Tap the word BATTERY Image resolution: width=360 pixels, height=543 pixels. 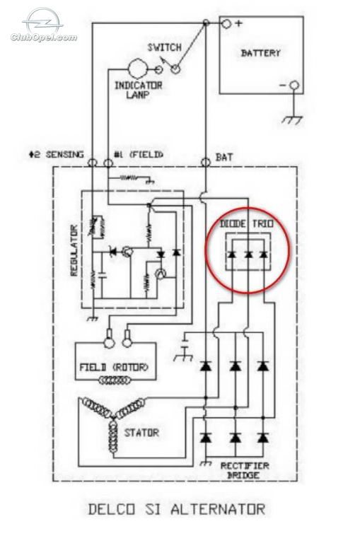tap(260, 53)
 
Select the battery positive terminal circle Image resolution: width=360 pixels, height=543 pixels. tap(226, 23)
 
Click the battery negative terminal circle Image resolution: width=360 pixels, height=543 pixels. tap(294, 85)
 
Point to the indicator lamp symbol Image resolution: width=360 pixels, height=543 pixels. tap(138, 69)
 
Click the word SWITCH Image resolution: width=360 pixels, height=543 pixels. tap(164, 47)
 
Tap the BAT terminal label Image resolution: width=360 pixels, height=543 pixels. tap(224, 157)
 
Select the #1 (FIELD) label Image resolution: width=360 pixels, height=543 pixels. tap(139, 154)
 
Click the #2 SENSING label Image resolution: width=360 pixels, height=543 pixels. tap(56, 154)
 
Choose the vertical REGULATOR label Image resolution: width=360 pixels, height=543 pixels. tap(74, 250)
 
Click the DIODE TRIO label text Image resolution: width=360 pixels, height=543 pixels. tap(247, 223)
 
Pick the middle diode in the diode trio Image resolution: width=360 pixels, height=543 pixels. tap(248, 255)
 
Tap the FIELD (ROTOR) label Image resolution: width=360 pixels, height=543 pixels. tap(114, 367)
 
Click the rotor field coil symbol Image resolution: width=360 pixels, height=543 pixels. tap(115, 380)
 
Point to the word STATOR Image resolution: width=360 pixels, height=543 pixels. tap(141, 433)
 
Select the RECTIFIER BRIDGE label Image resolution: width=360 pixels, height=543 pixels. tap(245, 470)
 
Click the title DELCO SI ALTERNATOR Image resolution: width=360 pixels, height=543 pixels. tap(177, 509)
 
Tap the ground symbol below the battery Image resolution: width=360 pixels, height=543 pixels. tap(292, 119)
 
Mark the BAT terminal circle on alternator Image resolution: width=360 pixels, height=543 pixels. tap(206, 162)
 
